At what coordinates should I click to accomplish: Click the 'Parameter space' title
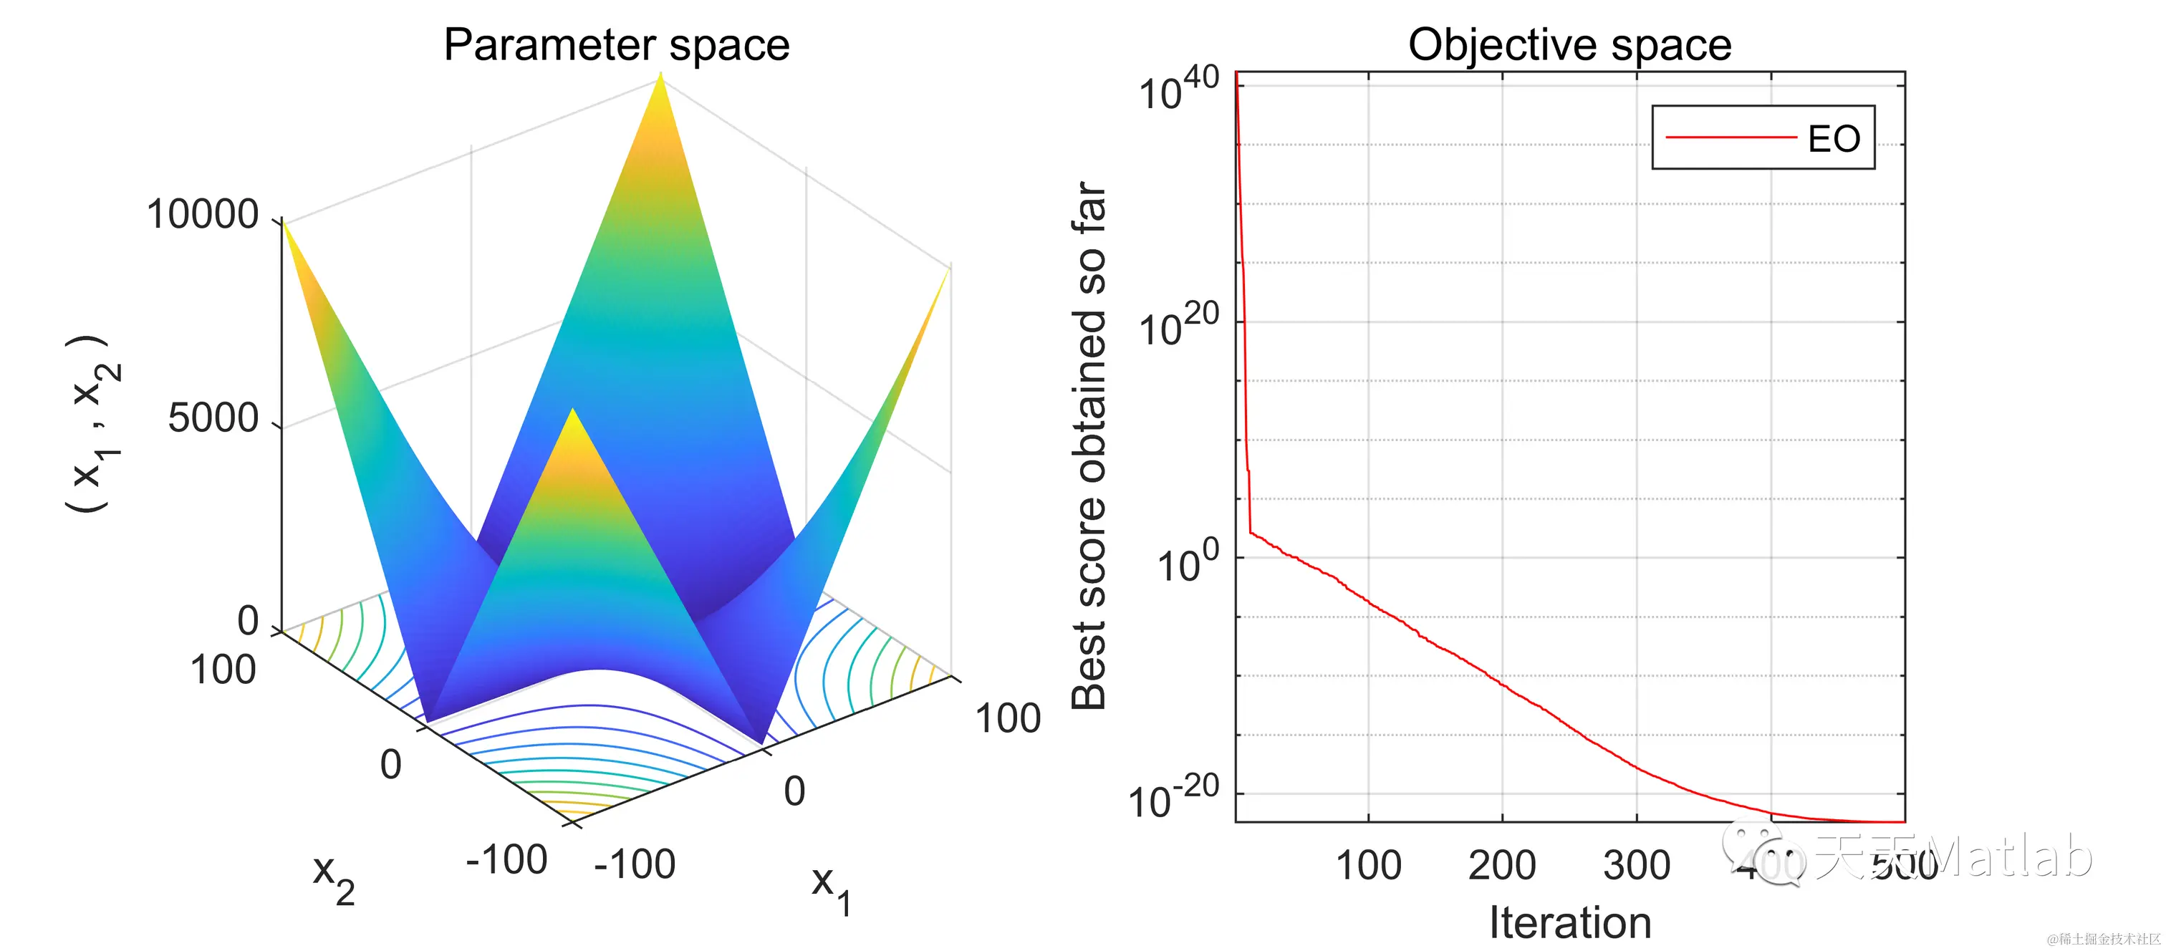[x=616, y=44]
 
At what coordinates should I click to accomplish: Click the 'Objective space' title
[x=1569, y=44]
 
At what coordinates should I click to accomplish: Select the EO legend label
[x=1834, y=139]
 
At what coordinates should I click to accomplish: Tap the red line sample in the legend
[x=1730, y=137]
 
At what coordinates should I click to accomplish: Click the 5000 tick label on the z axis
[x=213, y=418]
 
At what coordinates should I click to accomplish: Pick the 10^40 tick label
[x=1178, y=88]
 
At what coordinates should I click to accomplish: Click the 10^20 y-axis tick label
[x=1178, y=325]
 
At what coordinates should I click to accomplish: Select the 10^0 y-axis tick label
[x=1188, y=561]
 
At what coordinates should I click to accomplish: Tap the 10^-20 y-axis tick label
[x=1174, y=797]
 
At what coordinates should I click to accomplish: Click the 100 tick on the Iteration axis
[x=1368, y=865]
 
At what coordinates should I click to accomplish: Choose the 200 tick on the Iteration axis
[x=1502, y=865]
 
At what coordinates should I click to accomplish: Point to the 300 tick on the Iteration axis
[x=1636, y=865]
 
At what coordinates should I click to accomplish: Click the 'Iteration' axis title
[x=1570, y=922]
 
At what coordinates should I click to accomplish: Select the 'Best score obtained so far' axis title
[x=1089, y=445]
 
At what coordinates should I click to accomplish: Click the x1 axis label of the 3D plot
[x=831, y=889]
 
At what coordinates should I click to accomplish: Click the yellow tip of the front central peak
[x=572, y=414]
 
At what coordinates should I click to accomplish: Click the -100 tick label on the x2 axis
[x=506, y=860]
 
